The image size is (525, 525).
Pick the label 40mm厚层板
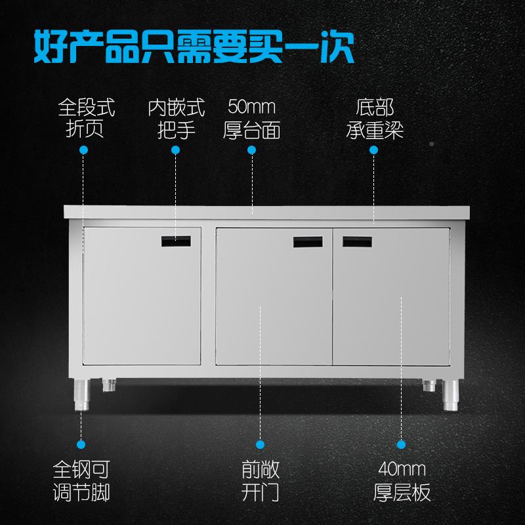tap(402, 480)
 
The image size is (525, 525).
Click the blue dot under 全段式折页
tap(83, 150)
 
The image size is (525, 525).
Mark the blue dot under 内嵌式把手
tap(176, 150)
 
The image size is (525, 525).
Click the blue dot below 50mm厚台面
tap(252, 150)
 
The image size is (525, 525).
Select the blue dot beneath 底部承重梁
tap(373, 150)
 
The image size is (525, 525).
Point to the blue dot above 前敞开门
tap(260, 444)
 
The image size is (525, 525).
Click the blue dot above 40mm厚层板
tap(402, 444)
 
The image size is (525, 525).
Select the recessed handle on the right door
tap(360, 241)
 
